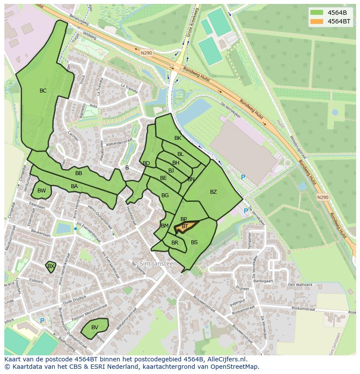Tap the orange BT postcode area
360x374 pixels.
click(x=185, y=226)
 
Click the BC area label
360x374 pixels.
click(x=43, y=91)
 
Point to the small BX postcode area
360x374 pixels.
click(x=51, y=266)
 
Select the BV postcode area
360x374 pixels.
click(x=94, y=328)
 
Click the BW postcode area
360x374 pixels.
click(x=41, y=191)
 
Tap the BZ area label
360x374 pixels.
click(x=213, y=192)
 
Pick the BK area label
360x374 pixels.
click(x=177, y=138)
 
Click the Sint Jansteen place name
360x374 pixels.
click(x=158, y=264)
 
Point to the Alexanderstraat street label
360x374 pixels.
click(x=118, y=142)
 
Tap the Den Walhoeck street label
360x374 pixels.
click(x=300, y=285)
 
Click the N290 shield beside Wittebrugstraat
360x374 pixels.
click(x=323, y=197)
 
